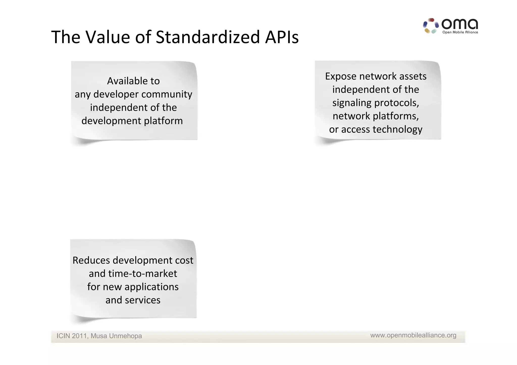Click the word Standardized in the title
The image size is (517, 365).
click(x=208, y=37)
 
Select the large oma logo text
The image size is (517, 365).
click(x=459, y=24)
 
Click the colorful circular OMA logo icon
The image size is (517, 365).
click(x=431, y=26)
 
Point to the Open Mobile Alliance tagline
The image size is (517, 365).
click(x=460, y=32)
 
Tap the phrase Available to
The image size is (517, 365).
click(x=133, y=81)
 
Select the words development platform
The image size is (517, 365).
click(x=132, y=121)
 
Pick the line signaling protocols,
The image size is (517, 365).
click(x=375, y=103)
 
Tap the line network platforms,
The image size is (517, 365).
click(x=375, y=116)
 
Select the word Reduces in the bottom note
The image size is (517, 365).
click(x=91, y=260)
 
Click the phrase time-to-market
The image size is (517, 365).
click(x=143, y=274)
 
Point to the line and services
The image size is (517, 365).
click(x=133, y=300)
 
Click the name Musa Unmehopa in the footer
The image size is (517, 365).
click(x=116, y=336)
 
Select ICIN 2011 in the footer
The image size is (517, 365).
click(x=72, y=336)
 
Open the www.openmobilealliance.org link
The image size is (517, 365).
click(x=413, y=335)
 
